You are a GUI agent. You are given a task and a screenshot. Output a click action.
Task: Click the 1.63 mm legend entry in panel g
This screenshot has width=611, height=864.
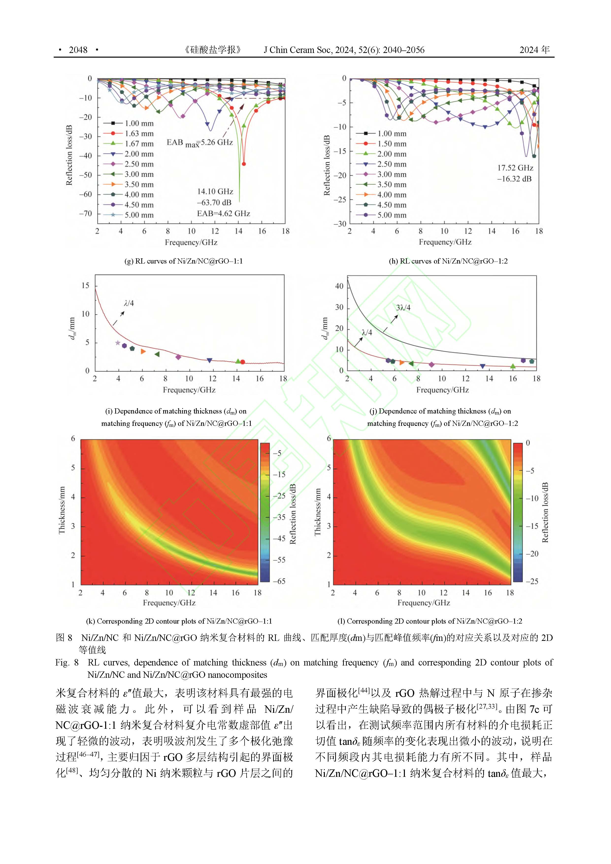point(139,133)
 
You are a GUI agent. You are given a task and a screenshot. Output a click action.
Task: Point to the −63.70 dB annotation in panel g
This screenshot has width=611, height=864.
point(214,202)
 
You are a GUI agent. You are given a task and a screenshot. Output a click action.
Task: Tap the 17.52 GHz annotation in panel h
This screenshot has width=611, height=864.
point(515,168)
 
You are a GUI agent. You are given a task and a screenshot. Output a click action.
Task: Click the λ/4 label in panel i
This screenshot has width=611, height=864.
point(129,303)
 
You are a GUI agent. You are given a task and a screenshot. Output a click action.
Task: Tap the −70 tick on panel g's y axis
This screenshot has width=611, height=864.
point(85,213)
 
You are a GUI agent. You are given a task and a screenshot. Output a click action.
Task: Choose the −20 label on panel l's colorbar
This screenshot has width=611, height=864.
point(532,554)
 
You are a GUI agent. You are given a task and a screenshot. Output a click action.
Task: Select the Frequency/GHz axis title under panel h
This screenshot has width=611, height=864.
point(445,242)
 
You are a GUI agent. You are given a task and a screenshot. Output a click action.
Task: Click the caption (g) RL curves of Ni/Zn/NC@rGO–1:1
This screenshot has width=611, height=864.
point(184,261)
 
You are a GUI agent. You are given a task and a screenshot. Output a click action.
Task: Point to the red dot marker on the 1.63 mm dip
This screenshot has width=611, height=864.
point(244,164)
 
